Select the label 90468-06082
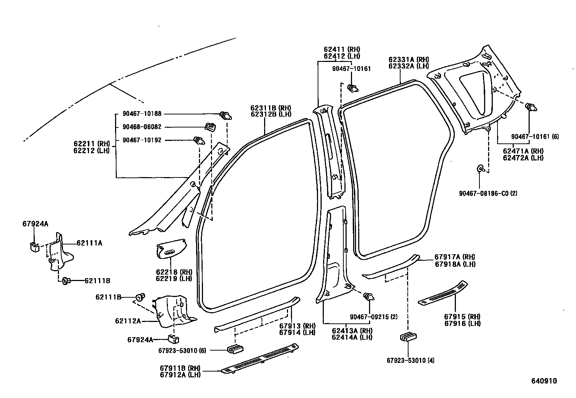(137, 127)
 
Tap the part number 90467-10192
(137, 140)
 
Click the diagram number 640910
(544, 381)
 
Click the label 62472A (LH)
(523, 158)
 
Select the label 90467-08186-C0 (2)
(488, 193)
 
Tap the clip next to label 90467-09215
(369, 297)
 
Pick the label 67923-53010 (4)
(410, 360)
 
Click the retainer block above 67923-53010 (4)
(408, 337)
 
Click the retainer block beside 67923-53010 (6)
(235, 350)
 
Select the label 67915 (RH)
(462, 317)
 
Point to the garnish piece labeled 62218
(171, 248)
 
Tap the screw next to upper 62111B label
(140, 297)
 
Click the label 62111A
(89, 243)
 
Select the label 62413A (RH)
(352, 331)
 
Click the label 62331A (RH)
(408, 59)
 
